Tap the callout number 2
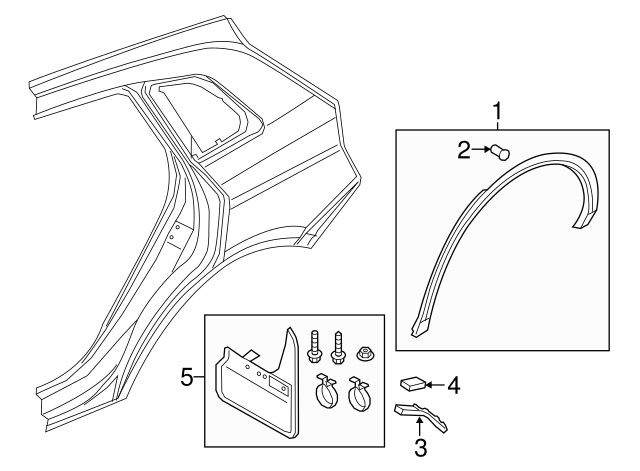click(x=464, y=151)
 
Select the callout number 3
click(x=421, y=447)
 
